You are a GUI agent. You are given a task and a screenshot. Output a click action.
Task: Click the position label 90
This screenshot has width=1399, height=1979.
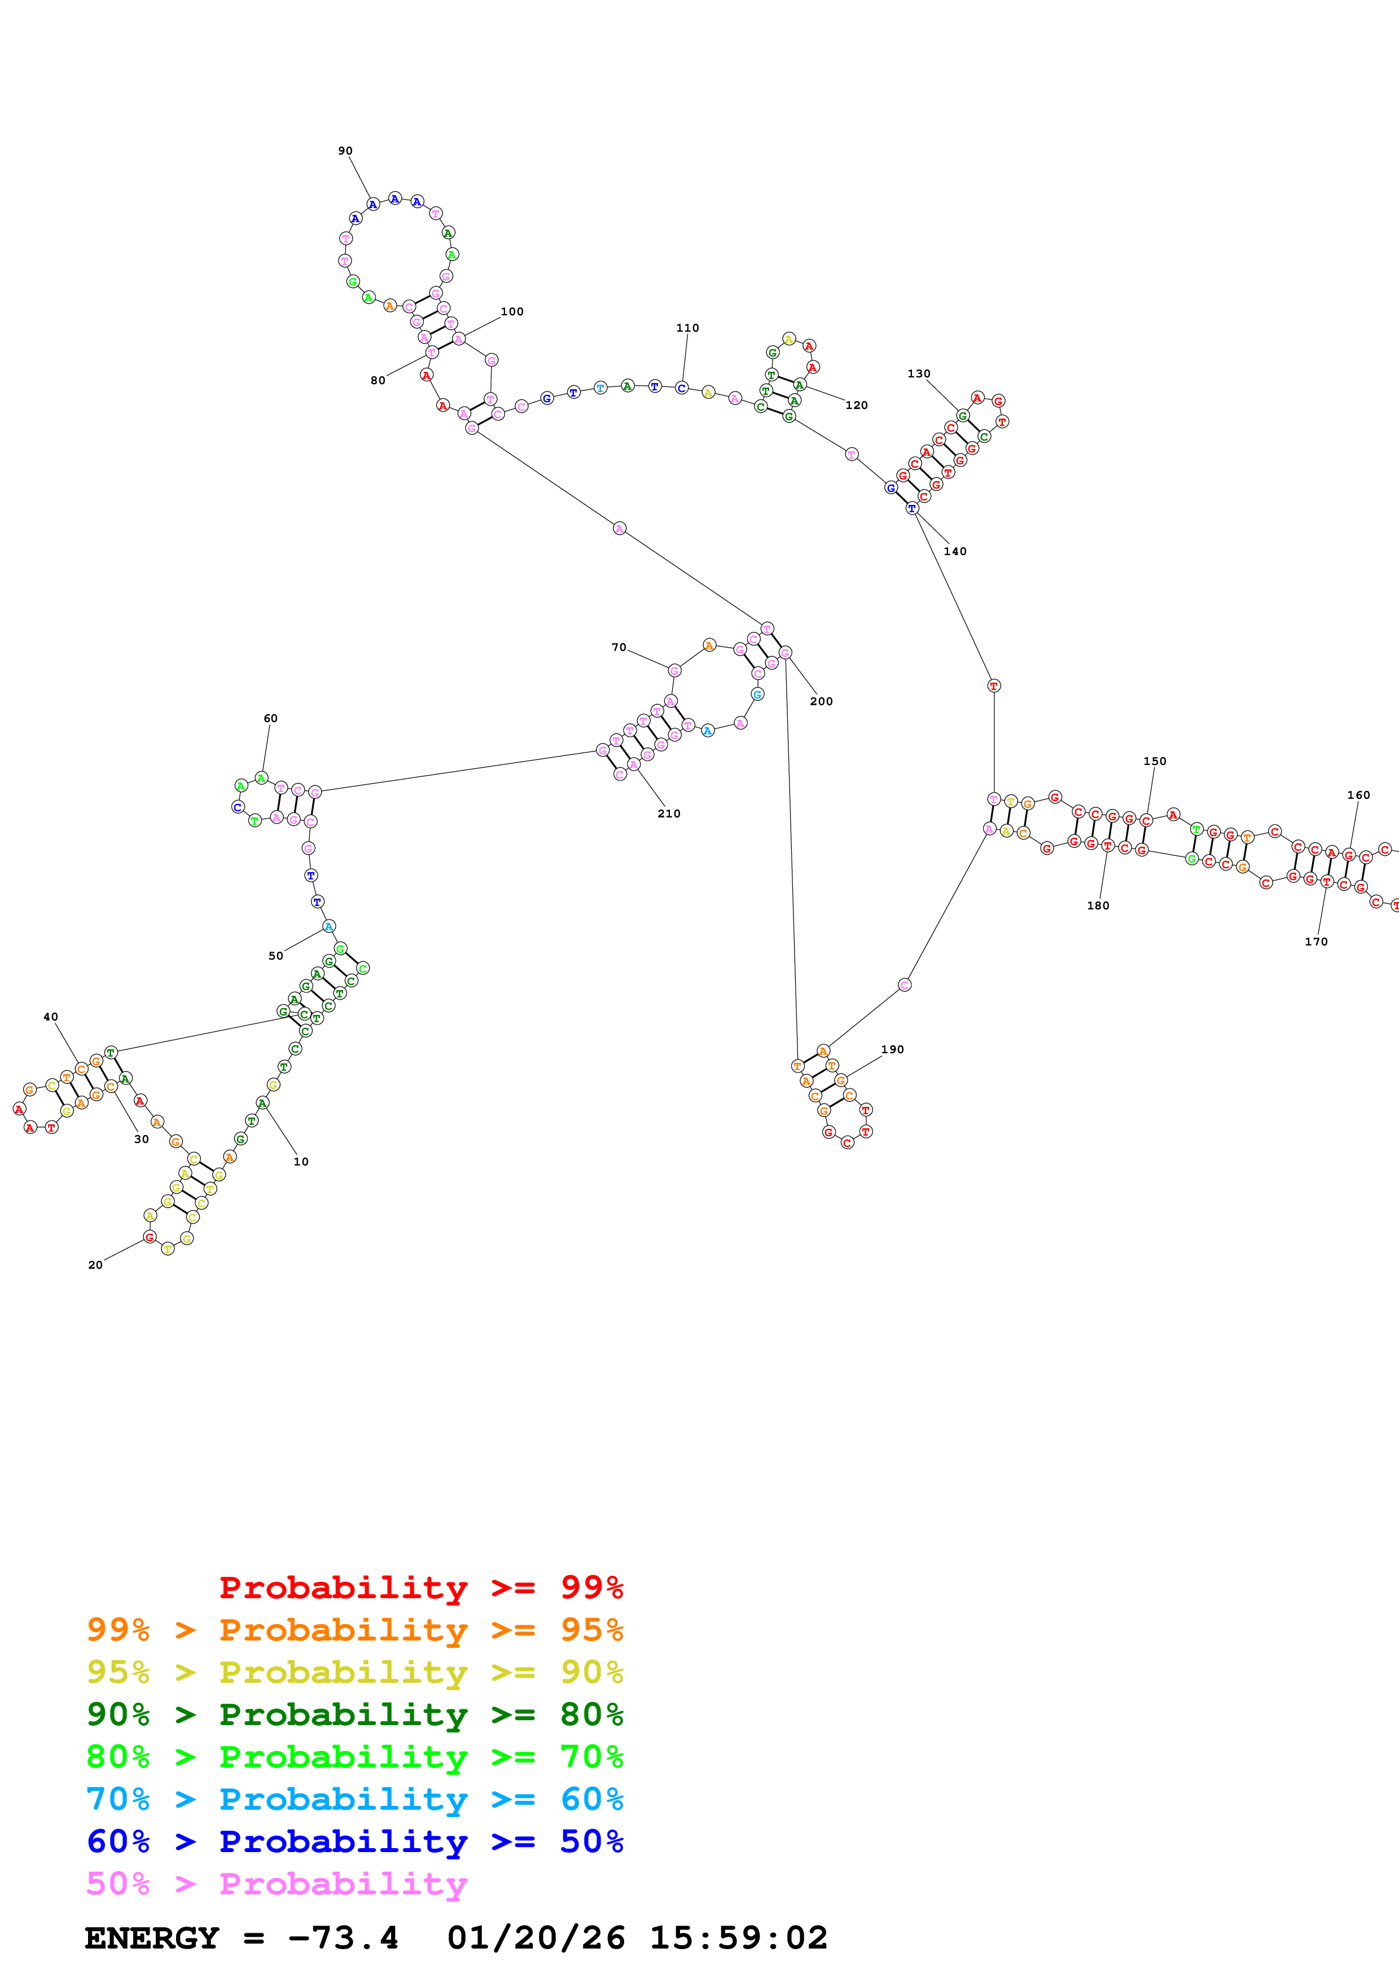coord(345,151)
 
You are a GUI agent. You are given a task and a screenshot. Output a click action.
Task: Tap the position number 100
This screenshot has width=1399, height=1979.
coord(512,312)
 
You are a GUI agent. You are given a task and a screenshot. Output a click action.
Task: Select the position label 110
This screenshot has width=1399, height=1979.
coord(687,328)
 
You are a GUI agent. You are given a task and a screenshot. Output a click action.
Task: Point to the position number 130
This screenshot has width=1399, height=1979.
coord(919,374)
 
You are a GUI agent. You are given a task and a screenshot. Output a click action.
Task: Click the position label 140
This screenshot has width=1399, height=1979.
coord(955,552)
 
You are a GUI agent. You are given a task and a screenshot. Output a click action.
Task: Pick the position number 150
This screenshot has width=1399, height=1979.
coord(1154,761)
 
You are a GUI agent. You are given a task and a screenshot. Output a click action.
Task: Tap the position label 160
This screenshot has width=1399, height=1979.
coord(1358,795)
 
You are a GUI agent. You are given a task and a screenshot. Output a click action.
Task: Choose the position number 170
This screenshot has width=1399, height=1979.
coord(1315,942)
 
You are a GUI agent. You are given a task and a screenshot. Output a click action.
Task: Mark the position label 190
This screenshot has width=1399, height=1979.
coord(892,1050)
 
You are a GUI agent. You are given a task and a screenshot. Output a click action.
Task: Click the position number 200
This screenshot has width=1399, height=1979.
coord(822,702)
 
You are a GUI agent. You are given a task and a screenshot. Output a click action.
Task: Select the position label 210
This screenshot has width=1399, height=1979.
coord(669,813)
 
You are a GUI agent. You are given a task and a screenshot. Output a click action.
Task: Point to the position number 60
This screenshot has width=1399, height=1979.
coord(271,719)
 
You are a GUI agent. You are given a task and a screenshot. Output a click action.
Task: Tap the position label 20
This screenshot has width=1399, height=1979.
coord(96,1265)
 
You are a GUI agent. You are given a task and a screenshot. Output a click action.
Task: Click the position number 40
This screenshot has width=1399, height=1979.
coord(51,1017)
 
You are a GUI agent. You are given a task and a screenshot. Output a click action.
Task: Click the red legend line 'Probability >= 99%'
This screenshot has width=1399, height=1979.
coord(420,1587)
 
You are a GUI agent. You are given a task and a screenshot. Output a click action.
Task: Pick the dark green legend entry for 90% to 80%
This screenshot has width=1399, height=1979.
coord(354,1714)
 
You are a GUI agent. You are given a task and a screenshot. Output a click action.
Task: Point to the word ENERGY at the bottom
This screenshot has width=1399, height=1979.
coord(152,1938)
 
